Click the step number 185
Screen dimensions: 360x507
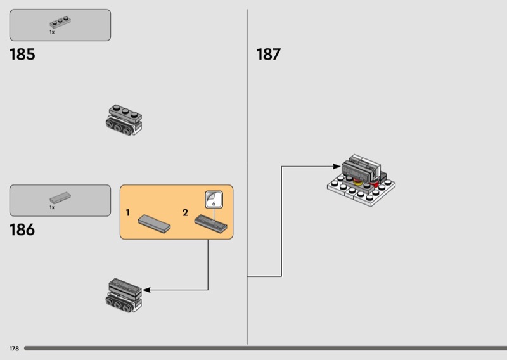(x=22, y=55)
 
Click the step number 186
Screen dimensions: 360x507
(x=22, y=230)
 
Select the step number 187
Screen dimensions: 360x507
(x=268, y=55)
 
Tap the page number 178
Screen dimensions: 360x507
(x=14, y=349)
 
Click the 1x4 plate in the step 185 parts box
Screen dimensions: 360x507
(x=60, y=23)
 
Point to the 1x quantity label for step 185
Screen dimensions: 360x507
(x=52, y=32)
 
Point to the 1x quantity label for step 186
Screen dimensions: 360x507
(x=52, y=207)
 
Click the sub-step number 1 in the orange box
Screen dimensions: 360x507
(x=127, y=213)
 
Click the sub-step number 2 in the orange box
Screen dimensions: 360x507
(x=185, y=213)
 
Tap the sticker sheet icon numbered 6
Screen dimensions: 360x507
(x=214, y=200)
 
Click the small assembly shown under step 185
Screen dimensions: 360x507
(x=124, y=119)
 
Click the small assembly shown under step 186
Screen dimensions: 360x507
(x=124, y=295)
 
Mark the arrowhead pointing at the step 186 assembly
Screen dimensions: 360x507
(x=146, y=290)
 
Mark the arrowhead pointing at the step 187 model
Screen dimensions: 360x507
(x=337, y=167)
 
